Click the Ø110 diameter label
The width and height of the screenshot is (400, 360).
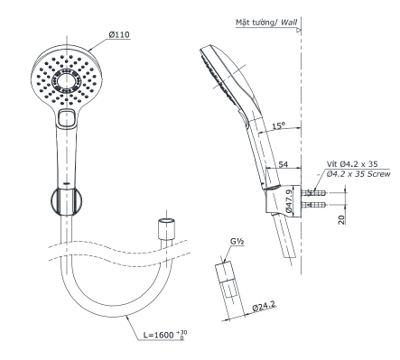tap(121, 34)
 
